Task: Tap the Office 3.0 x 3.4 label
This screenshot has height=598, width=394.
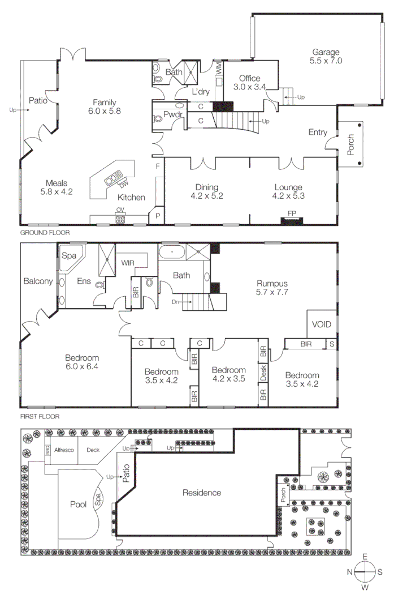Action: click(249, 83)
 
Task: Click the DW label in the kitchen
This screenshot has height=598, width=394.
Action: click(122, 185)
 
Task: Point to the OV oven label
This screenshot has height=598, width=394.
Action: click(120, 210)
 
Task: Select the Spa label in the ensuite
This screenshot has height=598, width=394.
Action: click(69, 255)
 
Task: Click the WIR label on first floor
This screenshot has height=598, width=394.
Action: click(127, 263)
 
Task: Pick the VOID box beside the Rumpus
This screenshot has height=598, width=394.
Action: click(322, 324)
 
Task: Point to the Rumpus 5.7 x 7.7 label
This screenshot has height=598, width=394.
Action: click(272, 288)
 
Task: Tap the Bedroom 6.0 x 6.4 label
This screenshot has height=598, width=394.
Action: click(82, 362)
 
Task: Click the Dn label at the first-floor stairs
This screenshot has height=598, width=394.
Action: click(176, 302)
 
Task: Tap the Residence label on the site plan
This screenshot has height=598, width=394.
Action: click(202, 493)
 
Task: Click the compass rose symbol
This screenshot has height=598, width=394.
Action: click(366, 572)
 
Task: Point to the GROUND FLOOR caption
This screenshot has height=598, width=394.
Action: click(41, 233)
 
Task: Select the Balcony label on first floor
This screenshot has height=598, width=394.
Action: click(38, 281)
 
